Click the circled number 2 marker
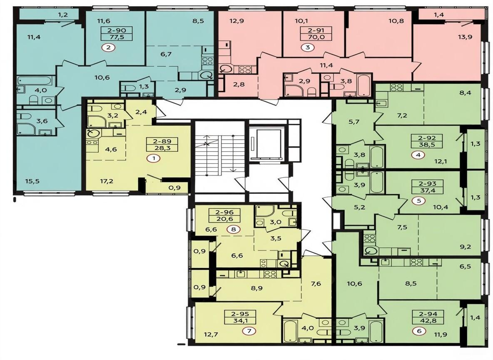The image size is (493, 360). [x=109, y=48]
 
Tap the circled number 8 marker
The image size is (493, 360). [x=233, y=230]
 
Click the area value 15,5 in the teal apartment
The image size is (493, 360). [x=32, y=181]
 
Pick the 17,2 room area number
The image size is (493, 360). [x=107, y=181]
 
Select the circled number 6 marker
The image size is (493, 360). [x=419, y=331]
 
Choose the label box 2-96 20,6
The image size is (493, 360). [x=225, y=215]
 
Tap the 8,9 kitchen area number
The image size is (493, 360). [x=257, y=288]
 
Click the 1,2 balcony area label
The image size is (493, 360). [x=63, y=15]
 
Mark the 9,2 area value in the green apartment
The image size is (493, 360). [x=466, y=247]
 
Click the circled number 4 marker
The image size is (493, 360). [x=419, y=155]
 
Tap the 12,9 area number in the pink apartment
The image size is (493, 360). [x=237, y=21]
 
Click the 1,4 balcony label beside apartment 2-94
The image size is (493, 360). [x=475, y=317]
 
